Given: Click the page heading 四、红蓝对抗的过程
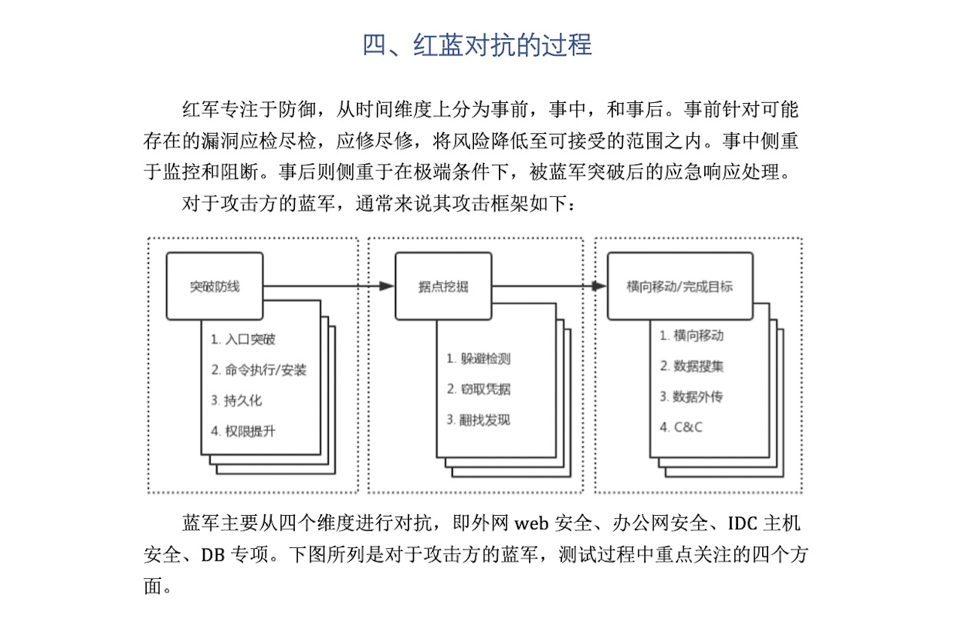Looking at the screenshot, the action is [x=477, y=44].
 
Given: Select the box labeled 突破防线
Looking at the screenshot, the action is [x=214, y=286].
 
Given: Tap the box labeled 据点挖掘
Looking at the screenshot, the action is [x=443, y=286].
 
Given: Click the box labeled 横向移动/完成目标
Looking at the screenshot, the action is [x=680, y=286].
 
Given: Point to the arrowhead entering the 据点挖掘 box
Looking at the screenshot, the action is [x=387, y=286].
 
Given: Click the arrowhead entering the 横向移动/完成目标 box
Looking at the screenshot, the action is [x=599, y=286].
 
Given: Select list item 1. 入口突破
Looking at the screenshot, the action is [x=243, y=339].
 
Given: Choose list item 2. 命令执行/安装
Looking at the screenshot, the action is [x=259, y=370].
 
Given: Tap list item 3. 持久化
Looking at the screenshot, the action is [x=236, y=401].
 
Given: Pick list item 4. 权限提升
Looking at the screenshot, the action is [x=243, y=432].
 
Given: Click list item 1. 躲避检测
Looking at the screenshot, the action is [x=479, y=359].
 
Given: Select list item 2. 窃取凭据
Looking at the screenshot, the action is [x=479, y=389].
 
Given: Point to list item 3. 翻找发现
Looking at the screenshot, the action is [x=479, y=420].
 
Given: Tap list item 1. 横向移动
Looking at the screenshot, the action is [x=691, y=336].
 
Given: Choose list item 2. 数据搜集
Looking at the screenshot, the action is [x=691, y=366].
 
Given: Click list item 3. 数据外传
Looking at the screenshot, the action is [x=691, y=397].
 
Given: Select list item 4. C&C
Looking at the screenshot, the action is [x=681, y=427].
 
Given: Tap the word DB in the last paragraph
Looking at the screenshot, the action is [x=212, y=555].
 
